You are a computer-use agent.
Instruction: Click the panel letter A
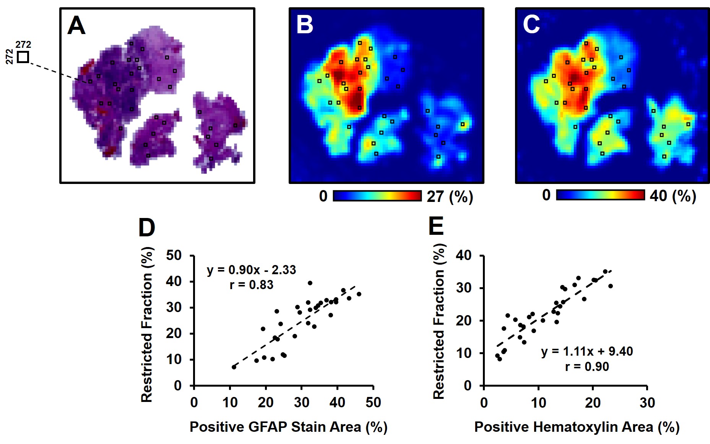[76, 26]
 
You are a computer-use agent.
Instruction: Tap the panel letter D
[146, 228]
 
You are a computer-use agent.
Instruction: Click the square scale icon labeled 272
[23, 57]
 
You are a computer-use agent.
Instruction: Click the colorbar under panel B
[377, 196]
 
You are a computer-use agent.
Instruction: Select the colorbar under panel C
[600, 195]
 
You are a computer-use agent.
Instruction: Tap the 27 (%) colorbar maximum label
[450, 197]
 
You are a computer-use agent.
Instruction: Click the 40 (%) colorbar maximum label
[673, 196]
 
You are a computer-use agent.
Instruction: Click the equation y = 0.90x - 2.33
[251, 270]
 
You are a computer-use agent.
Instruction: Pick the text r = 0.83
[251, 285]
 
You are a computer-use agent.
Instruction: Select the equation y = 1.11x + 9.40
[587, 351]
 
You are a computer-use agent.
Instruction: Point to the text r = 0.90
[587, 367]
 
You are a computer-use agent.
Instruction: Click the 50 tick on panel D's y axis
[174, 255]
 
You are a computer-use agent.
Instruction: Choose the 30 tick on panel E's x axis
[647, 403]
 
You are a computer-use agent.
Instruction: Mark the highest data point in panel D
[310, 283]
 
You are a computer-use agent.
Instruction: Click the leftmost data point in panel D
[234, 367]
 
